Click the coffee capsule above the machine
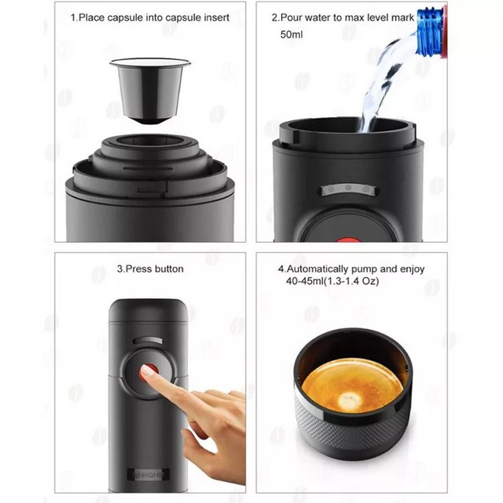150,91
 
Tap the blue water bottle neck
431,31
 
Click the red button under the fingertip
149,373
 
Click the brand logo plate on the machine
148,474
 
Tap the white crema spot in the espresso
349,400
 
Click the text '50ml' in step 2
291,34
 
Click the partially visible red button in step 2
349,240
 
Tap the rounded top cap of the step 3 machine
148,310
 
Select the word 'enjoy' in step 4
412,269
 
